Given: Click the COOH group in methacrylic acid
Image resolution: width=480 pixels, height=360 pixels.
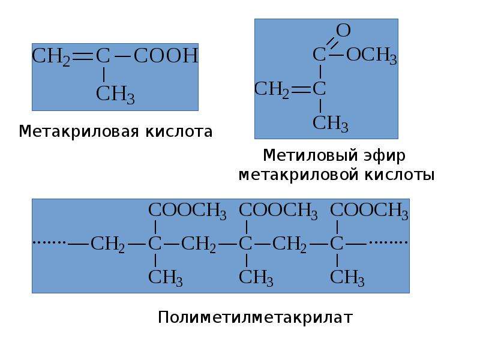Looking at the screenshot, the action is coord(166,56).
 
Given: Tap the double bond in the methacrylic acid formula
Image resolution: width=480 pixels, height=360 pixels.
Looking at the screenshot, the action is coord(82,56).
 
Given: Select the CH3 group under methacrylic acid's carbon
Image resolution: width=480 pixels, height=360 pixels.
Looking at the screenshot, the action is coord(115,94).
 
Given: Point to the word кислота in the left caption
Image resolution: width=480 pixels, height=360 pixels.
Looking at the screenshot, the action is coord(179,131).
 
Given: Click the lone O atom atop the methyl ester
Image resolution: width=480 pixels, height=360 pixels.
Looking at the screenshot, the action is coord(343,31).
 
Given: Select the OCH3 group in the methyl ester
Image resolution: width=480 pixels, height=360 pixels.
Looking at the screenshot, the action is coord(371,56).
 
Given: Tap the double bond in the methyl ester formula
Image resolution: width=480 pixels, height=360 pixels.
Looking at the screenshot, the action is coord(301,89).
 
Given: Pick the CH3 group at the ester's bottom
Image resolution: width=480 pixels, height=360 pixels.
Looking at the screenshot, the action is coord(331,124).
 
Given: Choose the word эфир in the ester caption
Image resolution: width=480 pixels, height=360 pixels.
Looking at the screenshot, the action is coord(385,156).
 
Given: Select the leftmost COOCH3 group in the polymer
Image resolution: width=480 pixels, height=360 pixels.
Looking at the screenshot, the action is coord(187,211).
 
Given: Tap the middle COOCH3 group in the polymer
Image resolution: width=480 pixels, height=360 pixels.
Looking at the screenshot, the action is coord(278,211).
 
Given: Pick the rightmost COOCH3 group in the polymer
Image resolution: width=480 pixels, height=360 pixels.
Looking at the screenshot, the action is coord(369,211).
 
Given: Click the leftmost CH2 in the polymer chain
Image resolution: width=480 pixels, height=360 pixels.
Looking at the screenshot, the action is coord(108,244).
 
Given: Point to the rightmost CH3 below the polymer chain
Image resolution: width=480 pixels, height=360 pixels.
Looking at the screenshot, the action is coord(347,278).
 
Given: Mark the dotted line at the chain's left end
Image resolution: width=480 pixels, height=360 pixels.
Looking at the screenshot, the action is coord(49,242).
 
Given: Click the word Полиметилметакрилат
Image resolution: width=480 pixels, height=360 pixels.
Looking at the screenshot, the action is coord(256,317).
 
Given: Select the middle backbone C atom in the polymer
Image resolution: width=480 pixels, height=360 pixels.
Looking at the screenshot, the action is coord(245,244).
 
